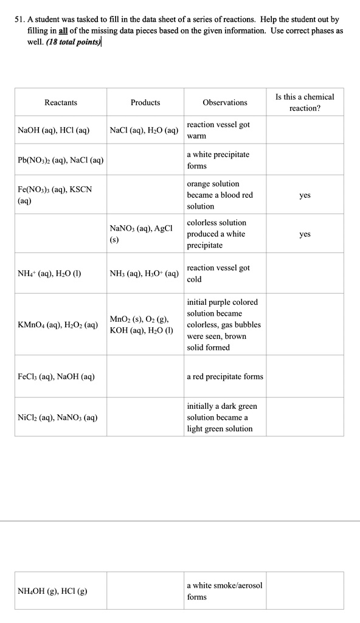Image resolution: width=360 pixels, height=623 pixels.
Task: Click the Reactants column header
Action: tap(61, 103)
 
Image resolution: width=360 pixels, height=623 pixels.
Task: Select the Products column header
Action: tap(145, 103)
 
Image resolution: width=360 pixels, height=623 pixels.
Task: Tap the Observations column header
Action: tap(225, 103)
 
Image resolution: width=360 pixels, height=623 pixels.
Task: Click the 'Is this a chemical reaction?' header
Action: tap(305, 102)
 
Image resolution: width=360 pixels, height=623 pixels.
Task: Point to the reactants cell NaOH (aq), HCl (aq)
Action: tap(54, 130)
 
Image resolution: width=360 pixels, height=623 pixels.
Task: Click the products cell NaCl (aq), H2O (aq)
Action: tap(144, 130)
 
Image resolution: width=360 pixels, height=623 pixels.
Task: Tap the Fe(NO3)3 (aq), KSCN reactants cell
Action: tap(55, 195)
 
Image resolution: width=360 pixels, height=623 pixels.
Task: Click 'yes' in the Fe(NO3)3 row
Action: tap(305, 195)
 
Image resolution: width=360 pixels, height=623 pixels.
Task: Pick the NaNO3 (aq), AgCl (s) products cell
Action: tap(141, 234)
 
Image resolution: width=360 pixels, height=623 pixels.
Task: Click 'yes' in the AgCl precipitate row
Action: tap(305, 234)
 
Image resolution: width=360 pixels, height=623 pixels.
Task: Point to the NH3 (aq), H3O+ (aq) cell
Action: tap(144, 274)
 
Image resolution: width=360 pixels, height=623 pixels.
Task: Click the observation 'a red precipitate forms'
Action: tap(225, 377)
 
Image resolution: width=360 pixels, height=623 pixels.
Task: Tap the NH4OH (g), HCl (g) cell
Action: tap(53, 591)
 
